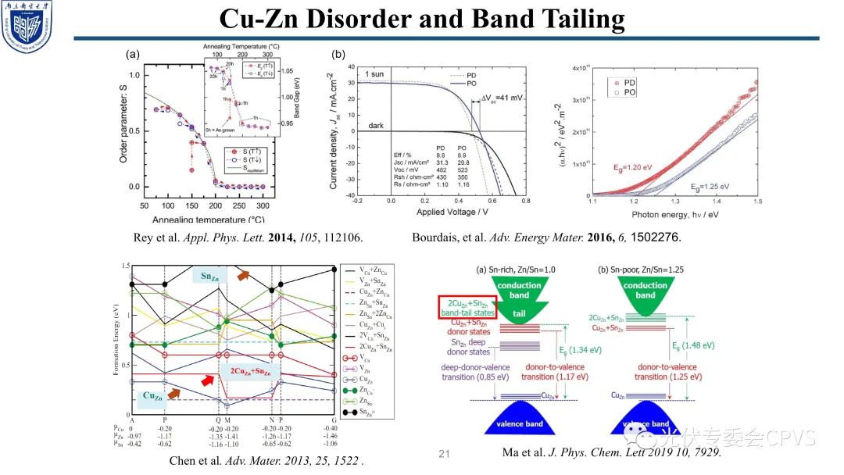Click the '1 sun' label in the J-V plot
coord(375,73)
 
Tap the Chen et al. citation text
coord(266,461)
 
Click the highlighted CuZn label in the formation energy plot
coord(152,397)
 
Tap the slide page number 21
coord(446,454)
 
